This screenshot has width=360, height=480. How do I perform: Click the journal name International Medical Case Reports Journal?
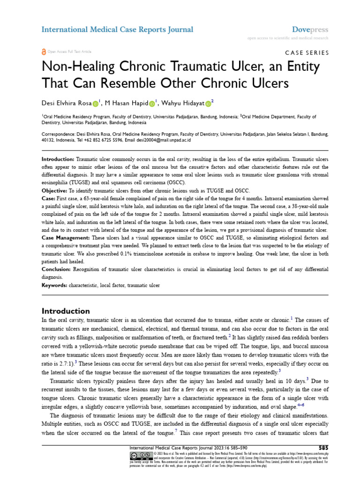117,30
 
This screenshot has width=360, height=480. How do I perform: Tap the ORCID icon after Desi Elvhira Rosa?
96,102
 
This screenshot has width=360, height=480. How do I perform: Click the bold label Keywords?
55,285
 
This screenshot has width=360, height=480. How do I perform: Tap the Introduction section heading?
66,311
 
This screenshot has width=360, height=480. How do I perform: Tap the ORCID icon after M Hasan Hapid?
152,102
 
